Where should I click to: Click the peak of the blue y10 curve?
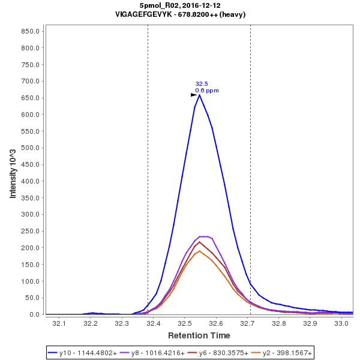click(199, 95)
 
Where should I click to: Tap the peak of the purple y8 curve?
click(203, 236)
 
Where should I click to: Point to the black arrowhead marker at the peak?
click(194, 95)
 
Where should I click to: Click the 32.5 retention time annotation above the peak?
click(202, 84)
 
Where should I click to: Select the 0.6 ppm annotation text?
click(207, 91)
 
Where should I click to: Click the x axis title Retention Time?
click(199, 335)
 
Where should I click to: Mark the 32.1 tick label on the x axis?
click(59, 323)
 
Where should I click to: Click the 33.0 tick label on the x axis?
click(341, 323)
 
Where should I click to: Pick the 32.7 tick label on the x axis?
click(247, 323)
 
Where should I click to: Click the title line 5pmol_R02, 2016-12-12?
click(180, 5)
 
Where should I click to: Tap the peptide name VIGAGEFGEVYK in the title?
click(143, 14)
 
